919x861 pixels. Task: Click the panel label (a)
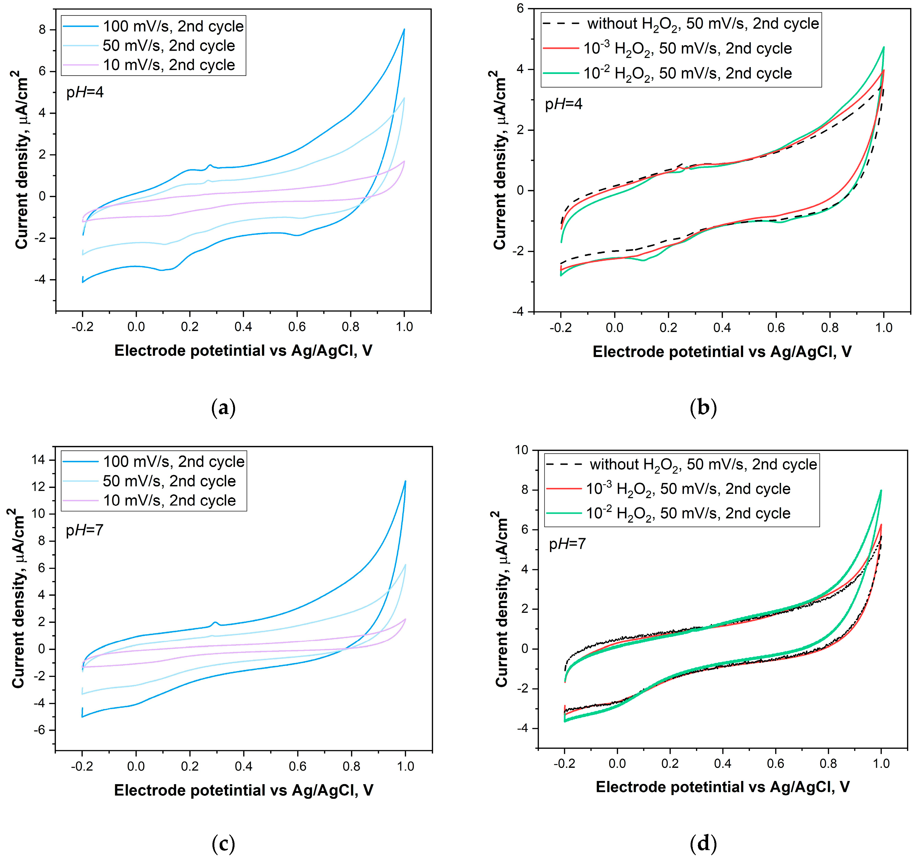[x=223, y=408]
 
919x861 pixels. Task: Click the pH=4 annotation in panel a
[x=85, y=92]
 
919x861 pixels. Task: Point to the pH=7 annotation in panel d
[x=567, y=544]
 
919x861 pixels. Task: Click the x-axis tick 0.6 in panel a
[x=297, y=327]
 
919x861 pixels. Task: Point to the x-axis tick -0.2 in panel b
[x=560, y=328]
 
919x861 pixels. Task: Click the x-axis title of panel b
[x=722, y=352]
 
